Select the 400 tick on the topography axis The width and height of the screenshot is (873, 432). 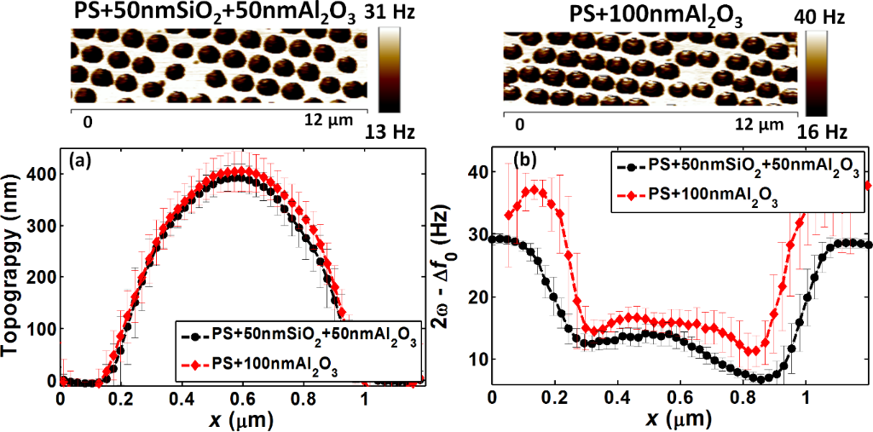(41, 174)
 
